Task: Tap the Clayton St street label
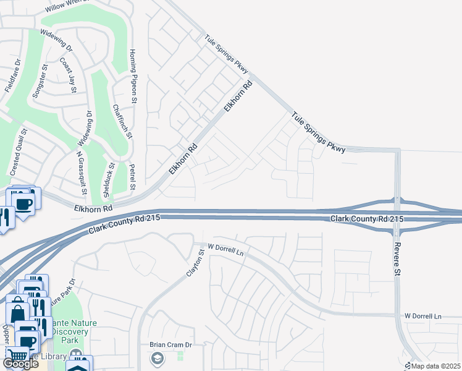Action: [x=196, y=263]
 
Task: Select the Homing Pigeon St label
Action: [x=132, y=72]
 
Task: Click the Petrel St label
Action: [x=132, y=177]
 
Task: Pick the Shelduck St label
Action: [x=109, y=179]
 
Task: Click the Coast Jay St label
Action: [x=67, y=75]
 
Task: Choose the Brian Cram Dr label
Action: [x=171, y=344]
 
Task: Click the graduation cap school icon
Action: [x=157, y=358]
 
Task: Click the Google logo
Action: [x=20, y=364]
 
